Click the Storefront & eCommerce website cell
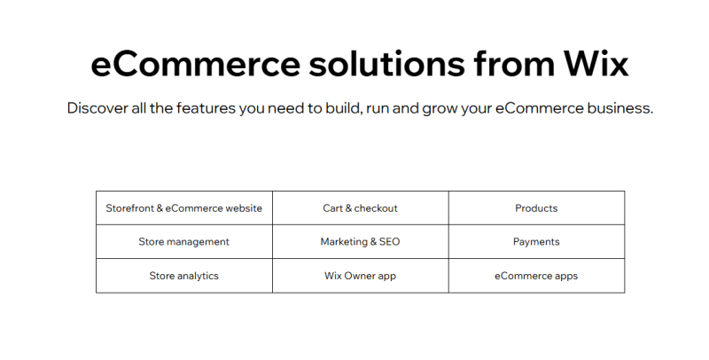183,208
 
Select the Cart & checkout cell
360,208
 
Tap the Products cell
536,208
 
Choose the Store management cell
183,242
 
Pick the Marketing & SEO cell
360,242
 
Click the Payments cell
536,242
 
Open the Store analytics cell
183,276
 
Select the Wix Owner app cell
360,276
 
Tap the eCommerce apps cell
536,276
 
